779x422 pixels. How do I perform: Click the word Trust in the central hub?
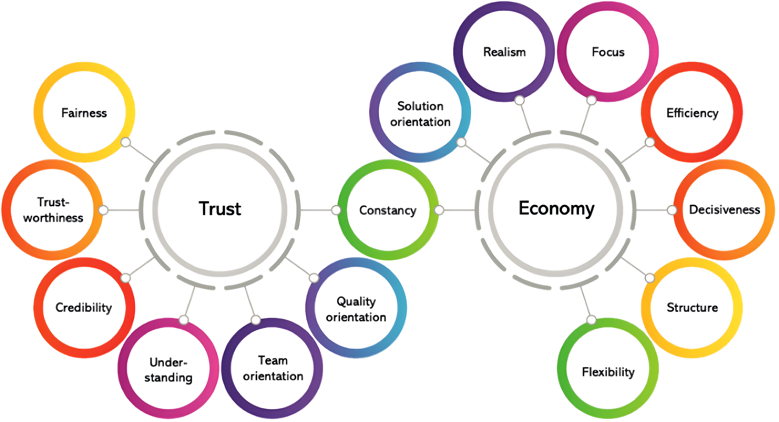click(220, 209)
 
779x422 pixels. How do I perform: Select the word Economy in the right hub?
click(556, 209)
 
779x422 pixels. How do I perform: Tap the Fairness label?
click(84, 113)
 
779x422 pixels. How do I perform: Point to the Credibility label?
click(84, 308)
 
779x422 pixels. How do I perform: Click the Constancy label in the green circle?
click(388, 210)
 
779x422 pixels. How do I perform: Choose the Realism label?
click(504, 52)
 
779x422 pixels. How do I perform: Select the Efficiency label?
click(692, 113)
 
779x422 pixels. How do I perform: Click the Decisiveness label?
click(724, 210)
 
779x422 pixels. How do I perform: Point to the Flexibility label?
click(608, 372)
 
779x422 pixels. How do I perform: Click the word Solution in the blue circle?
click(420, 106)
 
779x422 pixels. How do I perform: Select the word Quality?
click(356, 301)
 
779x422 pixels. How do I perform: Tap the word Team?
click(273, 360)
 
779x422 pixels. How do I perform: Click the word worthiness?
click(53, 218)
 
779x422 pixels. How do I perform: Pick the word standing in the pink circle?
click(168, 378)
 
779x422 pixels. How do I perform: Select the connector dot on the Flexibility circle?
click(591, 320)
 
